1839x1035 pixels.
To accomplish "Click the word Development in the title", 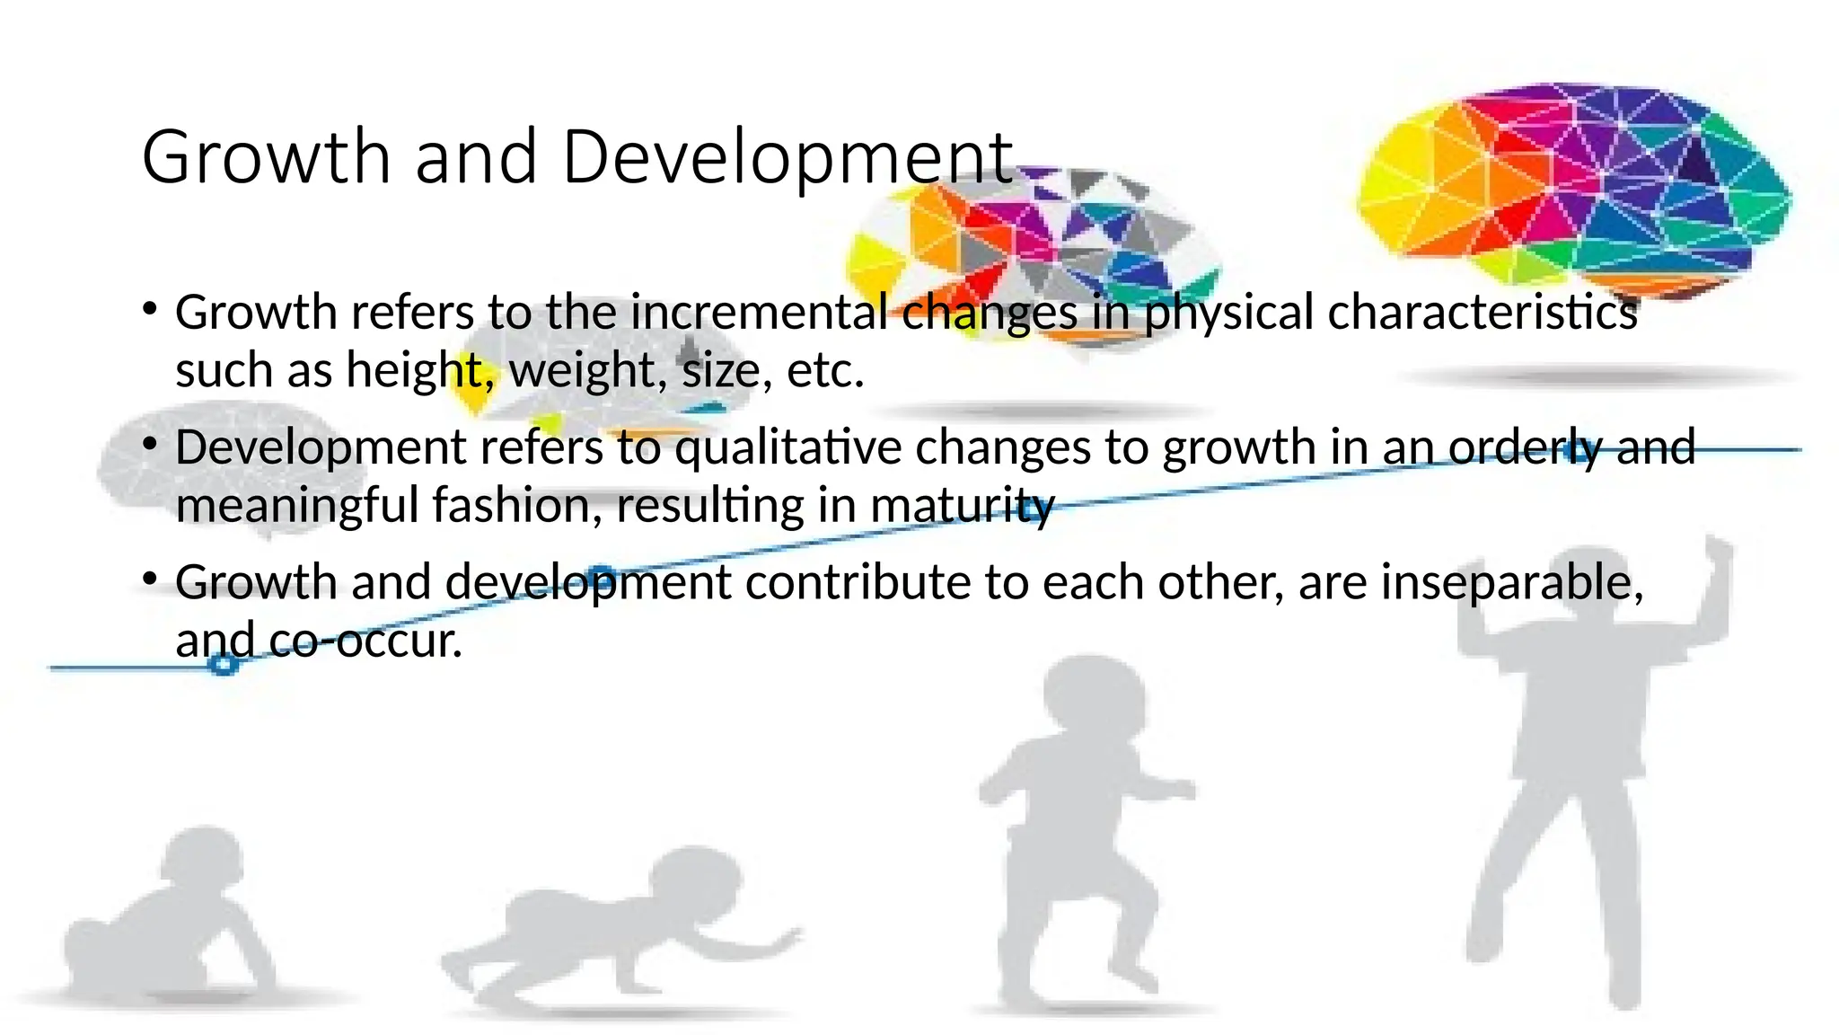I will [787, 158].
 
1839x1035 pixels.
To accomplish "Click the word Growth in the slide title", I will [266, 158].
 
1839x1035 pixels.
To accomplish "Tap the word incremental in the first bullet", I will [759, 313].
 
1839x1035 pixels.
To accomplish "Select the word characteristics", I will [1482, 313].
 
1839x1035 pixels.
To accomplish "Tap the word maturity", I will [962, 506].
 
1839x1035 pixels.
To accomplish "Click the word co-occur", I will [365, 641].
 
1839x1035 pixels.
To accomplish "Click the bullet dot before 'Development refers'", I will [150, 445].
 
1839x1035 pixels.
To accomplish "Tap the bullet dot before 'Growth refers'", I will [150, 310].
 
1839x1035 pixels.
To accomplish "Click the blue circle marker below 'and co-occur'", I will [223, 664].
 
